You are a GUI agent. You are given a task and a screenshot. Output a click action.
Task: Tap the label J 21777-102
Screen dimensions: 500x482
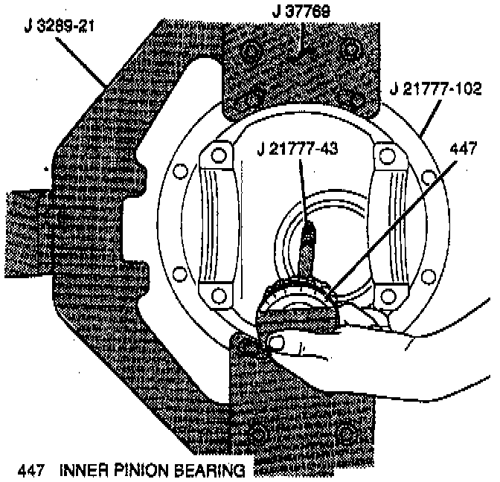tap(437, 90)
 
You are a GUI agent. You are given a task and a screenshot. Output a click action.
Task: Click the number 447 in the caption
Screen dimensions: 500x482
tap(28, 470)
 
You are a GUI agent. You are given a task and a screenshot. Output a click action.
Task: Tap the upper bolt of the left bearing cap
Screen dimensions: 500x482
tap(217, 156)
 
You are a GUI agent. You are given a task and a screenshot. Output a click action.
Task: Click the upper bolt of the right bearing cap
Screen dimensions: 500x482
tap(386, 155)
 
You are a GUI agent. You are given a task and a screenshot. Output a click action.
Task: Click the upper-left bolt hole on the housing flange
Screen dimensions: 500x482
tap(179, 172)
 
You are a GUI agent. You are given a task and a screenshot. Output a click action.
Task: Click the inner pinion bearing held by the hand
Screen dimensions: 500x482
tap(298, 301)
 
